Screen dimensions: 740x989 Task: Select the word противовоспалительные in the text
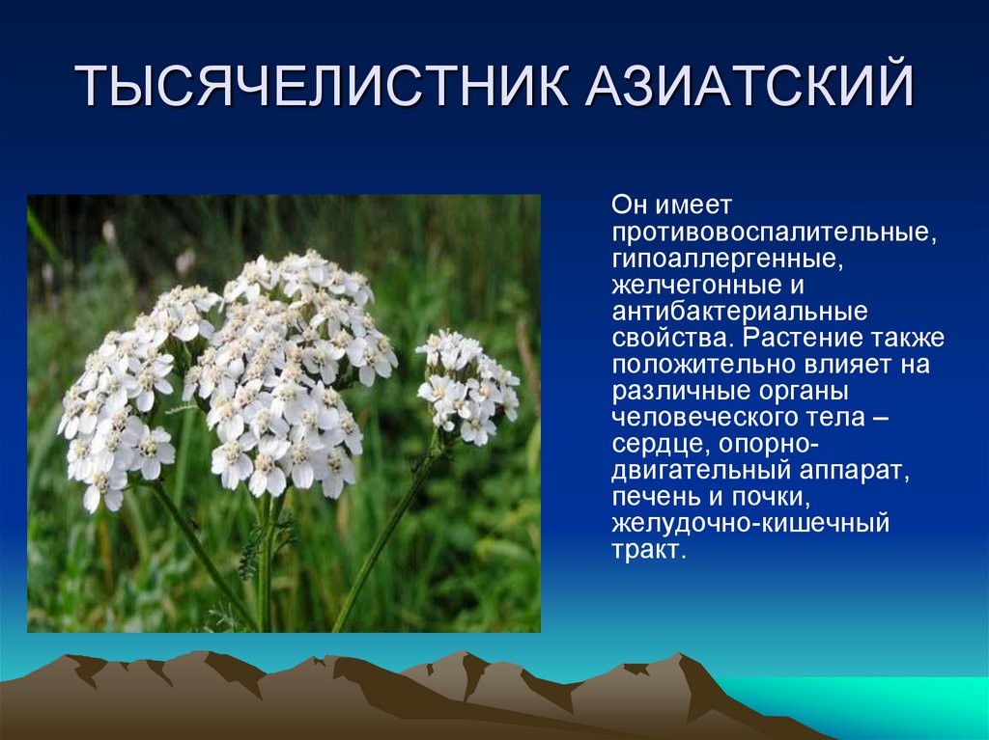(x=772, y=233)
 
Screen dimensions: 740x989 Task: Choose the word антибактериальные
(x=739, y=313)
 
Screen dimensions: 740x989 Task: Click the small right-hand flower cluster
(x=466, y=385)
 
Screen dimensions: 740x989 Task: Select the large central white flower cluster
(x=290, y=367)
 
